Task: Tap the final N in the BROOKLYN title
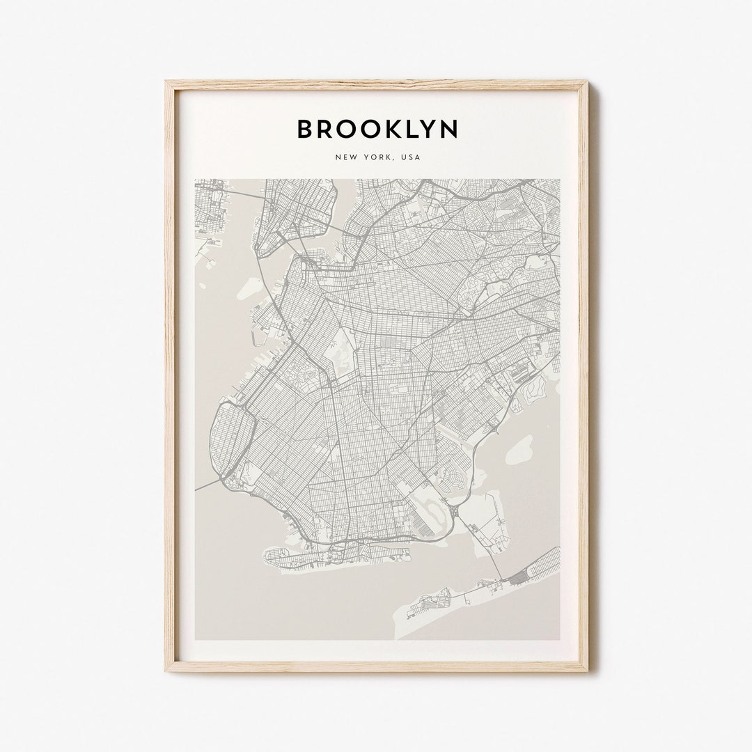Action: pyautogui.click(x=448, y=129)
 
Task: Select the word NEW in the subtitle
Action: pyautogui.click(x=345, y=158)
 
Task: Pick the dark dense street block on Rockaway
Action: pyautogui.click(x=518, y=577)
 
